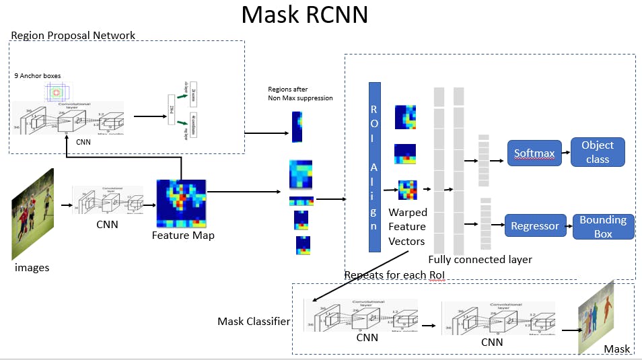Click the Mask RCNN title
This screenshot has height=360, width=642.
click(x=304, y=15)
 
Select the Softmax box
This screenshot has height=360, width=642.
click(x=534, y=153)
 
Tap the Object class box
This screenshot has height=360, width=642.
click(x=598, y=153)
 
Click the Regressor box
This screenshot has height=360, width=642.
click(x=535, y=226)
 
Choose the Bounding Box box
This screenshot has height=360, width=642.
click(x=603, y=227)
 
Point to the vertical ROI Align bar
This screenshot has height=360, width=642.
click(x=374, y=167)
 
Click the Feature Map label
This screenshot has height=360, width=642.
click(x=183, y=236)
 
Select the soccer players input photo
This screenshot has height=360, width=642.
click(x=32, y=214)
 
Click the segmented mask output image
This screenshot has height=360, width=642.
click(x=596, y=316)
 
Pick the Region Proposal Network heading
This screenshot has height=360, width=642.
click(x=73, y=36)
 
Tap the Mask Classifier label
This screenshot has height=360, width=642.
click(x=254, y=322)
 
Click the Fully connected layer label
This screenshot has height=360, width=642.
click(x=480, y=260)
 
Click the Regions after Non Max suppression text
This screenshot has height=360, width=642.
click(x=299, y=94)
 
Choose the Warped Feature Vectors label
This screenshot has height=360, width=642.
click(x=408, y=227)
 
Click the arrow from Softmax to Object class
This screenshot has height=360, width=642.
click(x=565, y=153)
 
